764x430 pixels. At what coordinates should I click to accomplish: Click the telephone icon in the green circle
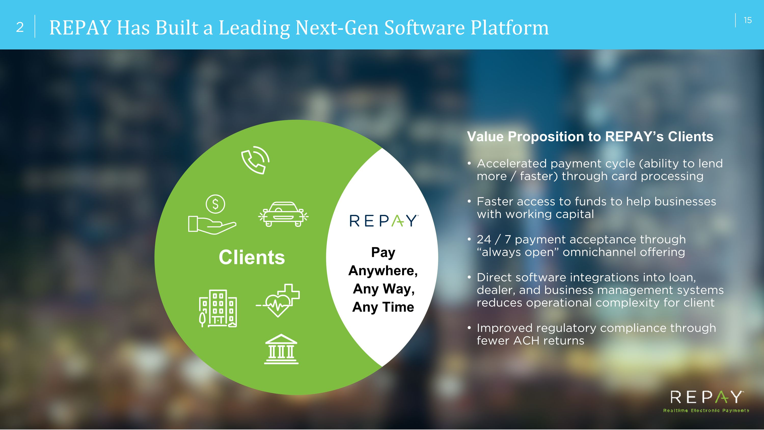(x=255, y=160)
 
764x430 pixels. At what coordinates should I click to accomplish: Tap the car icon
(x=283, y=214)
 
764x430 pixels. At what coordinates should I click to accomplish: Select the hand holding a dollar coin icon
(x=212, y=214)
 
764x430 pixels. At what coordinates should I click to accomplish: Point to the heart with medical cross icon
(x=278, y=301)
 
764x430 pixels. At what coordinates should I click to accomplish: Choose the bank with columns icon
(x=281, y=349)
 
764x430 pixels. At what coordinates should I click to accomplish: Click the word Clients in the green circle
(x=252, y=257)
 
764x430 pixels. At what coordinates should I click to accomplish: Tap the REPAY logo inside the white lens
(x=384, y=221)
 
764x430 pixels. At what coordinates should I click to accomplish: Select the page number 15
(x=748, y=20)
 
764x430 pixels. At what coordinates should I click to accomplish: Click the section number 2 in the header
(x=20, y=27)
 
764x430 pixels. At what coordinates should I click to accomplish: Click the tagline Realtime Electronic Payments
(x=706, y=411)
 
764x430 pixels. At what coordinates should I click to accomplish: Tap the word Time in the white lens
(x=398, y=307)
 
